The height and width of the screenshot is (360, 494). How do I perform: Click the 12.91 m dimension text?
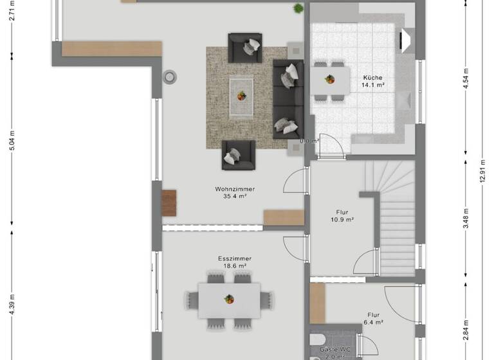click(482, 170)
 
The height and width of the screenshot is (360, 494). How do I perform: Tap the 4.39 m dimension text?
click(12, 301)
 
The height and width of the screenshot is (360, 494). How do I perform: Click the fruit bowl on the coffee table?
click(241, 96)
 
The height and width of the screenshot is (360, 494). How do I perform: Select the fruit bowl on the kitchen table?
click(329, 80)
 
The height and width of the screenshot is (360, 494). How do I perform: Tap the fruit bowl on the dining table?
click(229, 299)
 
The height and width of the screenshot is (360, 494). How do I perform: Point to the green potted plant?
click(298, 8)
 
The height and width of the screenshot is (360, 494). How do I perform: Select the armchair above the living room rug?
click(246, 46)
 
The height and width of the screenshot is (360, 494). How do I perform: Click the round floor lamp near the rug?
click(169, 76)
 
